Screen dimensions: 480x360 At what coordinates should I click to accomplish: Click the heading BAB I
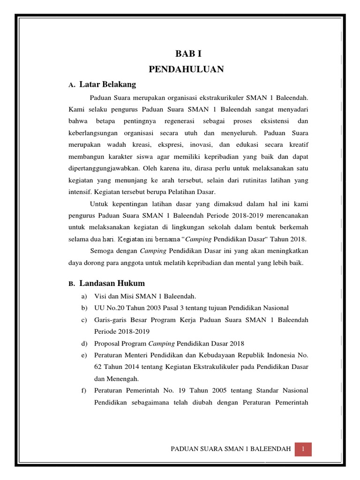[x=186, y=55]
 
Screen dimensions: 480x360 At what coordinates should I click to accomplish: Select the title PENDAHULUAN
[x=186, y=69]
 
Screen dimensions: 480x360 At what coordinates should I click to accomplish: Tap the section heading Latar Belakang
[x=107, y=84]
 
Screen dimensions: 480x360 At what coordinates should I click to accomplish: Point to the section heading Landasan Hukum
[x=112, y=283]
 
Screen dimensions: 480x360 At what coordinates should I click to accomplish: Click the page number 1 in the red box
[x=303, y=450]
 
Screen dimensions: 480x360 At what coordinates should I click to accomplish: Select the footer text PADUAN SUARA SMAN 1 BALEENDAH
[x=231, y=450]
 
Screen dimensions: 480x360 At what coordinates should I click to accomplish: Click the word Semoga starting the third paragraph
[x=101, y=251]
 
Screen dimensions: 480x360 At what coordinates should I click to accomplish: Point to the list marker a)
[x=84, y=296]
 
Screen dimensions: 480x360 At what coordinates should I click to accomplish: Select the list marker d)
[x=84, y=343]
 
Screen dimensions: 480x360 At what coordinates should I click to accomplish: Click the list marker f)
[x=84, y=390]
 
